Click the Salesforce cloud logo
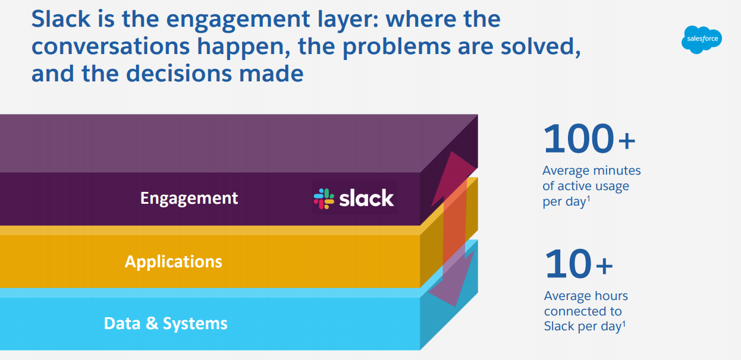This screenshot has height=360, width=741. (701, 40)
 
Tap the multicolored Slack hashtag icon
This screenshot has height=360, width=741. (324, 198)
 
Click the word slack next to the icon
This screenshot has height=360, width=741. (366, 198)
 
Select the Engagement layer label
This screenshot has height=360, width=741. (189, 198)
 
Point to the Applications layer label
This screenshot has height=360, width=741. (173, 261)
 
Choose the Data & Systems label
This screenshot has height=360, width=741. (165, 323)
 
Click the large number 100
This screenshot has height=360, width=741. (578, 139)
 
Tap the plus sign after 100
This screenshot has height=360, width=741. (627, 141)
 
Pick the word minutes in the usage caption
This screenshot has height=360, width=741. (618, 170)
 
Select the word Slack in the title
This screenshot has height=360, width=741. (58, 19)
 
